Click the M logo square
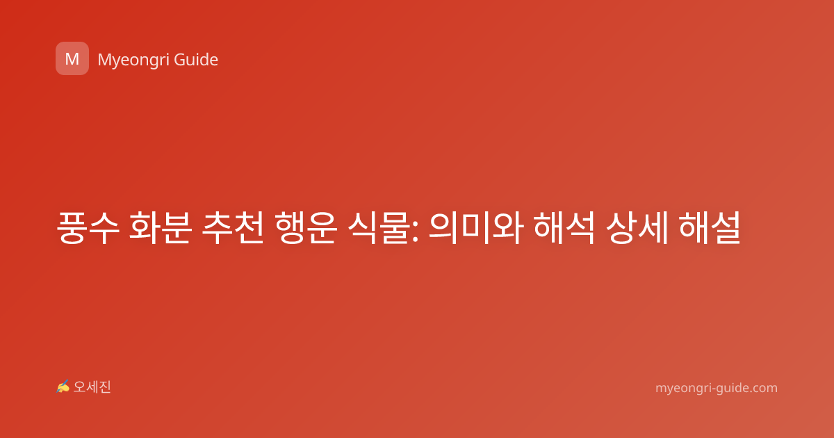(x=72, y=58)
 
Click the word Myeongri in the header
(x=133, y=60)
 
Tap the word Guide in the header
(x=196, y=60)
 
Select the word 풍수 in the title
(x=88, y=228)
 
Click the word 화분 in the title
(x=161, y=228)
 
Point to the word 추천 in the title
(x=233, y=228)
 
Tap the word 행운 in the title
(x=306, y=228)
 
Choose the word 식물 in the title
(x=379, y=228)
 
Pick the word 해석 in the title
(x=564, y=228)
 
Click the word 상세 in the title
(x=637, y=228)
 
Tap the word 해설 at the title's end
(x=710, y=228)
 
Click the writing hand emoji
(x=63, y=387)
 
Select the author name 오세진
(x=92, y=387)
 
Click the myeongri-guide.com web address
(x=717, y=388)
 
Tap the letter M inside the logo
(x=72, y=59)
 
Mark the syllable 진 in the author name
(x=105, y=387)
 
